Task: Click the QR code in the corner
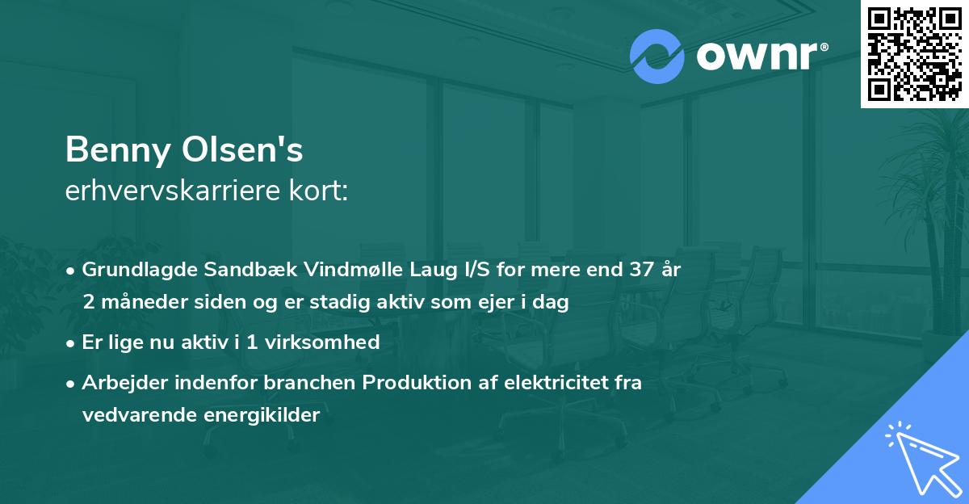click(914, 54)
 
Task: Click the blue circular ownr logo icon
click(656, 57)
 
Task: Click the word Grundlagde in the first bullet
click(134, 271)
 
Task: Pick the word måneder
click(141, 303)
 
